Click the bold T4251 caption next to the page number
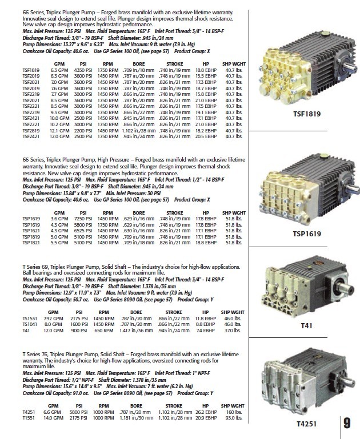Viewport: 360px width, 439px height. coord(306,425)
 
